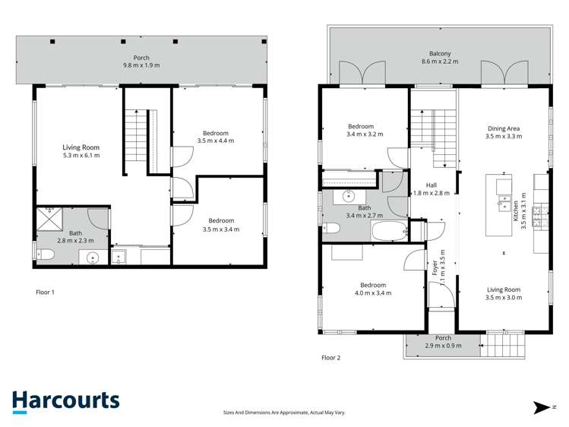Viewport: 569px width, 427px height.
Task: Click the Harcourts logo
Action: (x=65, y=401)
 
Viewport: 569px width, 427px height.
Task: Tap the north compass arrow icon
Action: (x=541, y=408)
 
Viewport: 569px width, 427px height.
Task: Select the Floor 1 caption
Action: (x=46, y=292)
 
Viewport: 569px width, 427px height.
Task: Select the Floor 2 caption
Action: (x=331, y=357)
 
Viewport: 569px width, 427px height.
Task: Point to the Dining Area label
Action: (x=503, y=133)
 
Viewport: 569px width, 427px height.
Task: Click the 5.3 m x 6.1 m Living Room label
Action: (x=81, y=151)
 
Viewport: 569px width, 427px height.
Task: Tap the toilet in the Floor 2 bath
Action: (x=331, y=229)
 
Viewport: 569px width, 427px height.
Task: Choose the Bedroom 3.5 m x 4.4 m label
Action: (x=215, y=138)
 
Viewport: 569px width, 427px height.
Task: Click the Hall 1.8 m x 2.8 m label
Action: (x=431, y=189)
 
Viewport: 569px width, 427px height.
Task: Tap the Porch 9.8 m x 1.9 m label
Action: (x=141, y=61)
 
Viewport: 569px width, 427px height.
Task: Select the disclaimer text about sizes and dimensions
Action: (x=284, y=412)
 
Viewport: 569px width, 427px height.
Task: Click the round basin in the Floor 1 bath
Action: (x=93, y=257)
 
